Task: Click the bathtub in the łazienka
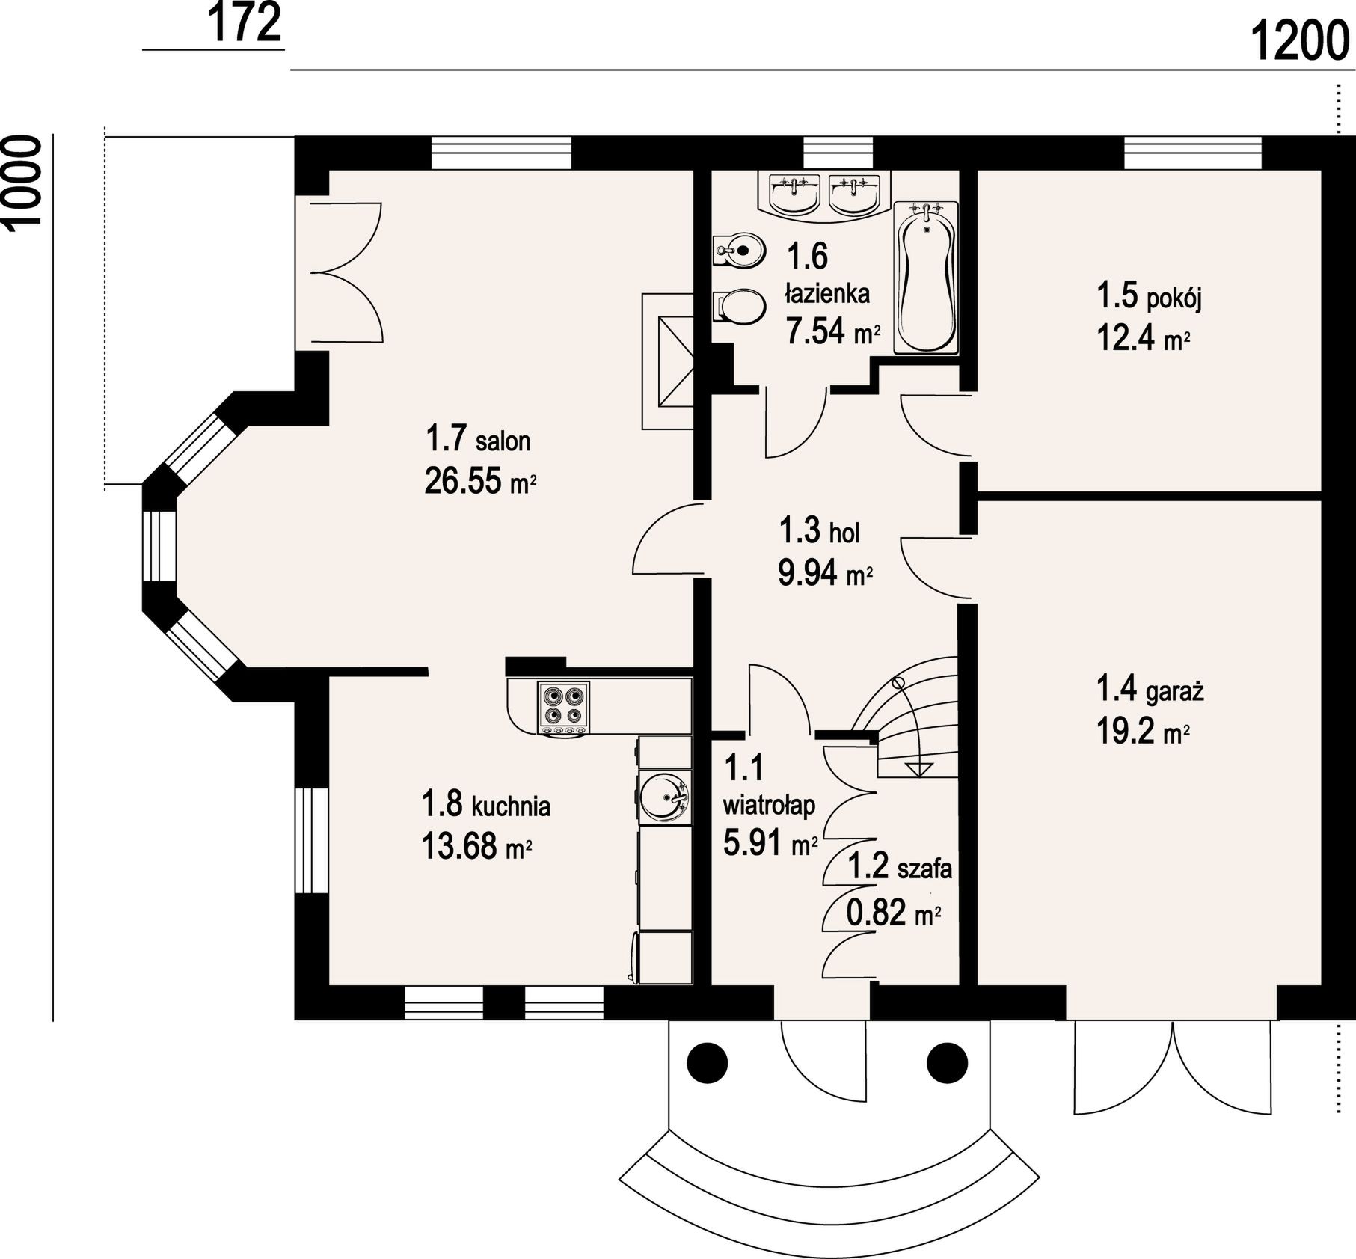coord(925,278)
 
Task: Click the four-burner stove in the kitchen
coord(563,708)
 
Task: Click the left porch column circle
coord(707,1061)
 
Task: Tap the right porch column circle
coord(948,1061)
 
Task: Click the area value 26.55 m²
coord(480,480)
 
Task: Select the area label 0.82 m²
coord(893,913)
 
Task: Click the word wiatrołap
coord(769,806)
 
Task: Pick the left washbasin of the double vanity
coord(793,193)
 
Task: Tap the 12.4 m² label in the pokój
coord(1144,338)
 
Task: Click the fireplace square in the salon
coord(675,361)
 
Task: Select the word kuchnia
coord(511,806)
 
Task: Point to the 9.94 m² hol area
coord(826,574)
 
